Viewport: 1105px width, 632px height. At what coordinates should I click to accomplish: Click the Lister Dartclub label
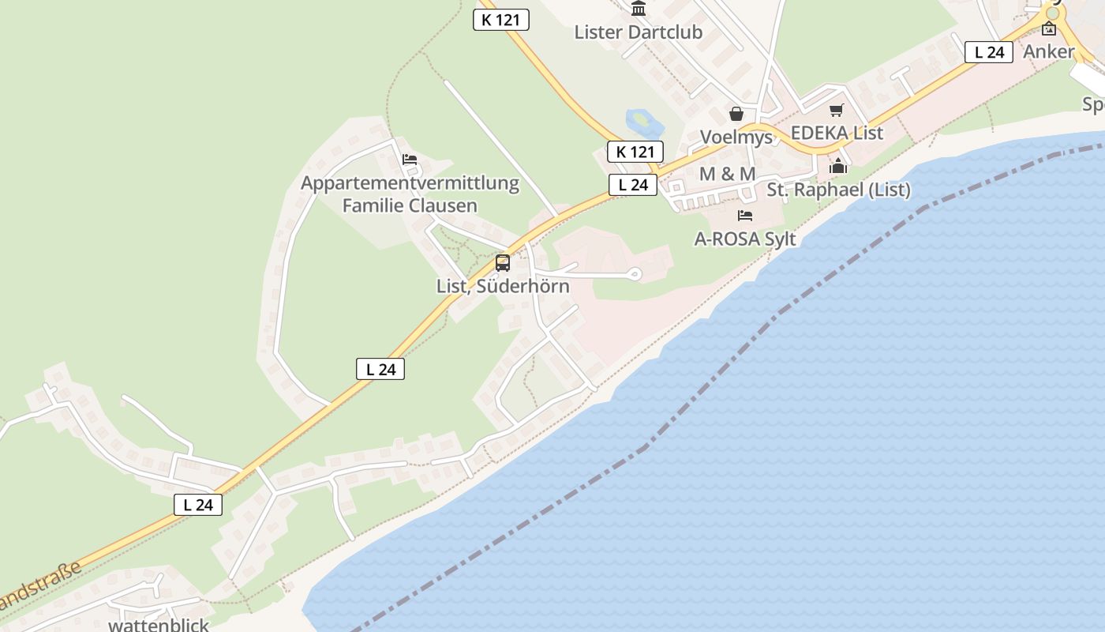[x=638, y=32]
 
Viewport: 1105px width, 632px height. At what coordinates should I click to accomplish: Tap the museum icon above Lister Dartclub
[x=638, y=9]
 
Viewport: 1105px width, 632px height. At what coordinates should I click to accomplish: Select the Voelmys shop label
[x=736, y=137]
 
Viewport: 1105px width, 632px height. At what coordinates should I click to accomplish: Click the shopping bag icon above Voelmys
[x=736, y=114]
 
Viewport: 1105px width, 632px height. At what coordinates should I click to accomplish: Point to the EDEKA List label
[x=837, y=133]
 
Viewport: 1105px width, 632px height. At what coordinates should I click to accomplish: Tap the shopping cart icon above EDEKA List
[x=837, y=110]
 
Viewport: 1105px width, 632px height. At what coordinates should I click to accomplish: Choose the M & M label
[x=727, y=174]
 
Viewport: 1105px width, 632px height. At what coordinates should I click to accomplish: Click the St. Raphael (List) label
[x=838, y=190]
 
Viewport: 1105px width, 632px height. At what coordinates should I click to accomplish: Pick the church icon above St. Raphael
[x=837, y=166]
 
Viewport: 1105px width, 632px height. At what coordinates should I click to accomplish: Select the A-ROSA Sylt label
[x=744, y=239]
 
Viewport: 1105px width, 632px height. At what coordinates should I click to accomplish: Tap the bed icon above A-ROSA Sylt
[x=744, y=216]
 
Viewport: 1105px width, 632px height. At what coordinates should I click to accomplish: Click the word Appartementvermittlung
[x=410, y=183]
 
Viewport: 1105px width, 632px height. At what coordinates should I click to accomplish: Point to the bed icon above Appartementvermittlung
[x=410, y=160]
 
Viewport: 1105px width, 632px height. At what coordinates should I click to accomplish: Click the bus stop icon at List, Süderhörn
[x=503, y=263]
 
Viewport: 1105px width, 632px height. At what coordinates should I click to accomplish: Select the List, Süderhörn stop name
[x=503, y=286]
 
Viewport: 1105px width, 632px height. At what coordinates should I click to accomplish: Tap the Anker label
[x=1048, y=52]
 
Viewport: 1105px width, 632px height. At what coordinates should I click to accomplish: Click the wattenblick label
[x=159, y=625]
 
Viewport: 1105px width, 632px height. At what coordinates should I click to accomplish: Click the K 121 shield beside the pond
[x=635, y=152]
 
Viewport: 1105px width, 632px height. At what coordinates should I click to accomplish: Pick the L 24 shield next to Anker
[x=988, y=52]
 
